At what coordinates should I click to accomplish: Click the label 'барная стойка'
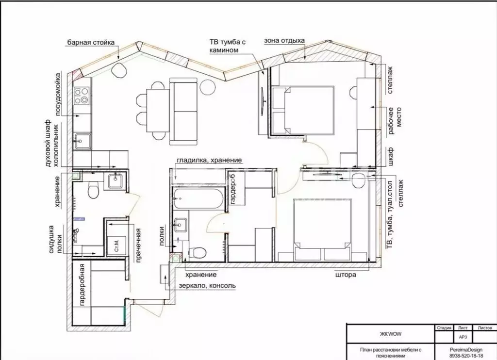click(91, 43)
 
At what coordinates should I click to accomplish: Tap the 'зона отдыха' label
click(284, 41)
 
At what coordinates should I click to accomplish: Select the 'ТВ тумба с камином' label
click(228, 46)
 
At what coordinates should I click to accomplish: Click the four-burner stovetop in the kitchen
click(82, 96)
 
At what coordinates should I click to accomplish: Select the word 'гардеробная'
click(82, 285)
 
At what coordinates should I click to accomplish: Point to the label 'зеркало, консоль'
click(207, 286)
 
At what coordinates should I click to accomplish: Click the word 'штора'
click(346, 275)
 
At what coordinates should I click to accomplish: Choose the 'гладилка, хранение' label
click(209, 161)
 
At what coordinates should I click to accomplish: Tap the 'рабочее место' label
click(395, 121)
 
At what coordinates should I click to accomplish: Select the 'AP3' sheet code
click(463, 337)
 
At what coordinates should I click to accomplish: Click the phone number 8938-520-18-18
click(466, 356)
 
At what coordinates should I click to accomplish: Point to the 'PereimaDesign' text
click(466, 350)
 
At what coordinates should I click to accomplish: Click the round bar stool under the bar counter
click(119, 70)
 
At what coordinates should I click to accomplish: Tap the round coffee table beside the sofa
click(208, 86)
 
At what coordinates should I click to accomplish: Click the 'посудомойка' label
click(58, 95)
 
